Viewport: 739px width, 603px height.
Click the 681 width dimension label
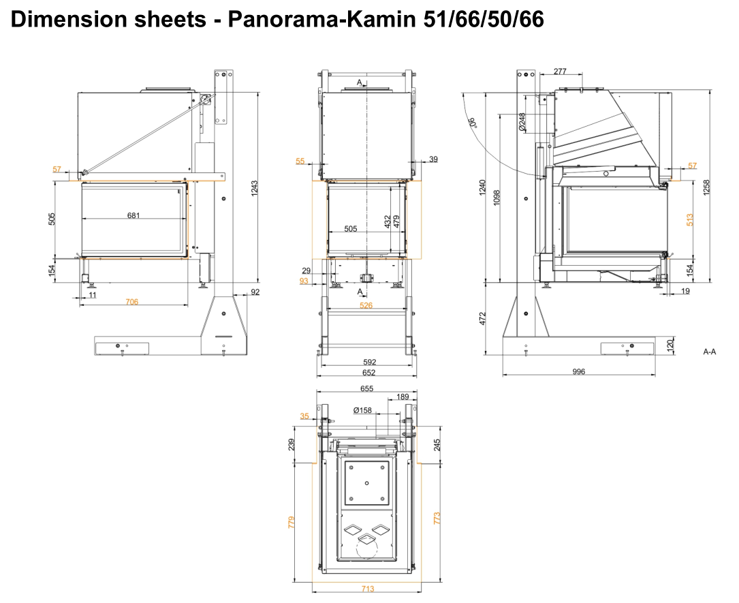point(133,215)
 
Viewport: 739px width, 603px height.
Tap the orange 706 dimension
point(131,302)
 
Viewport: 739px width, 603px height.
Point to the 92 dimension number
point(256,292)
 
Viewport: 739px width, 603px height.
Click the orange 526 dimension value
point(366,305)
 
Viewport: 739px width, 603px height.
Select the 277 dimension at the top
point(560,72)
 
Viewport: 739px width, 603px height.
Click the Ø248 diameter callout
point(522,122)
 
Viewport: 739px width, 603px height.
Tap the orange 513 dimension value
point(690,219)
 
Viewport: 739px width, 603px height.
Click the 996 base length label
point(579,371)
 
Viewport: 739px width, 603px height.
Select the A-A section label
point(710,352)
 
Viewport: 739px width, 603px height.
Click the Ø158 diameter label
point(362,410)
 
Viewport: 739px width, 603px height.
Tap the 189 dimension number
point(402,397)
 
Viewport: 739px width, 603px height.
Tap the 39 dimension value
point(434,159)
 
